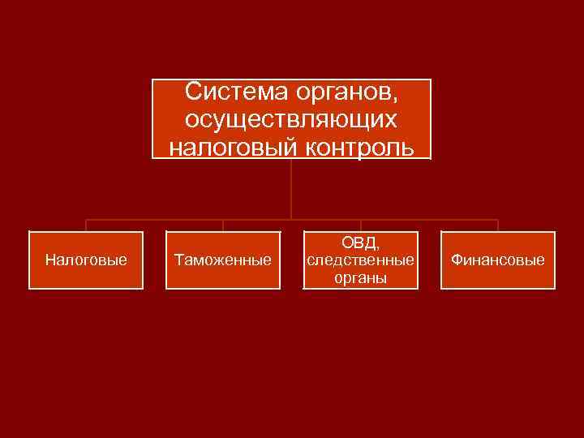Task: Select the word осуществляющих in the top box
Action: coord(291,119)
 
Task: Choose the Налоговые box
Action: coord(86,260)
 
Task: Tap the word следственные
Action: coord(360,260)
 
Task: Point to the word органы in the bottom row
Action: coord(360,277)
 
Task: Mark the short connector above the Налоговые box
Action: coord(86,225)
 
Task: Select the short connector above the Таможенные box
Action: coord(223,225)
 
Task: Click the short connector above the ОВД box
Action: coord(360,225)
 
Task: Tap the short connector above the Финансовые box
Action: coord(498,225)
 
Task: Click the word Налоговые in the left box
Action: coord(86,260)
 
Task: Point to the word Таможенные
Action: coord(223,260)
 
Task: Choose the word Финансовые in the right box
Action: coord(498,260)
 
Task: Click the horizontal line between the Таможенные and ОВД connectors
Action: coord(260,219)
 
